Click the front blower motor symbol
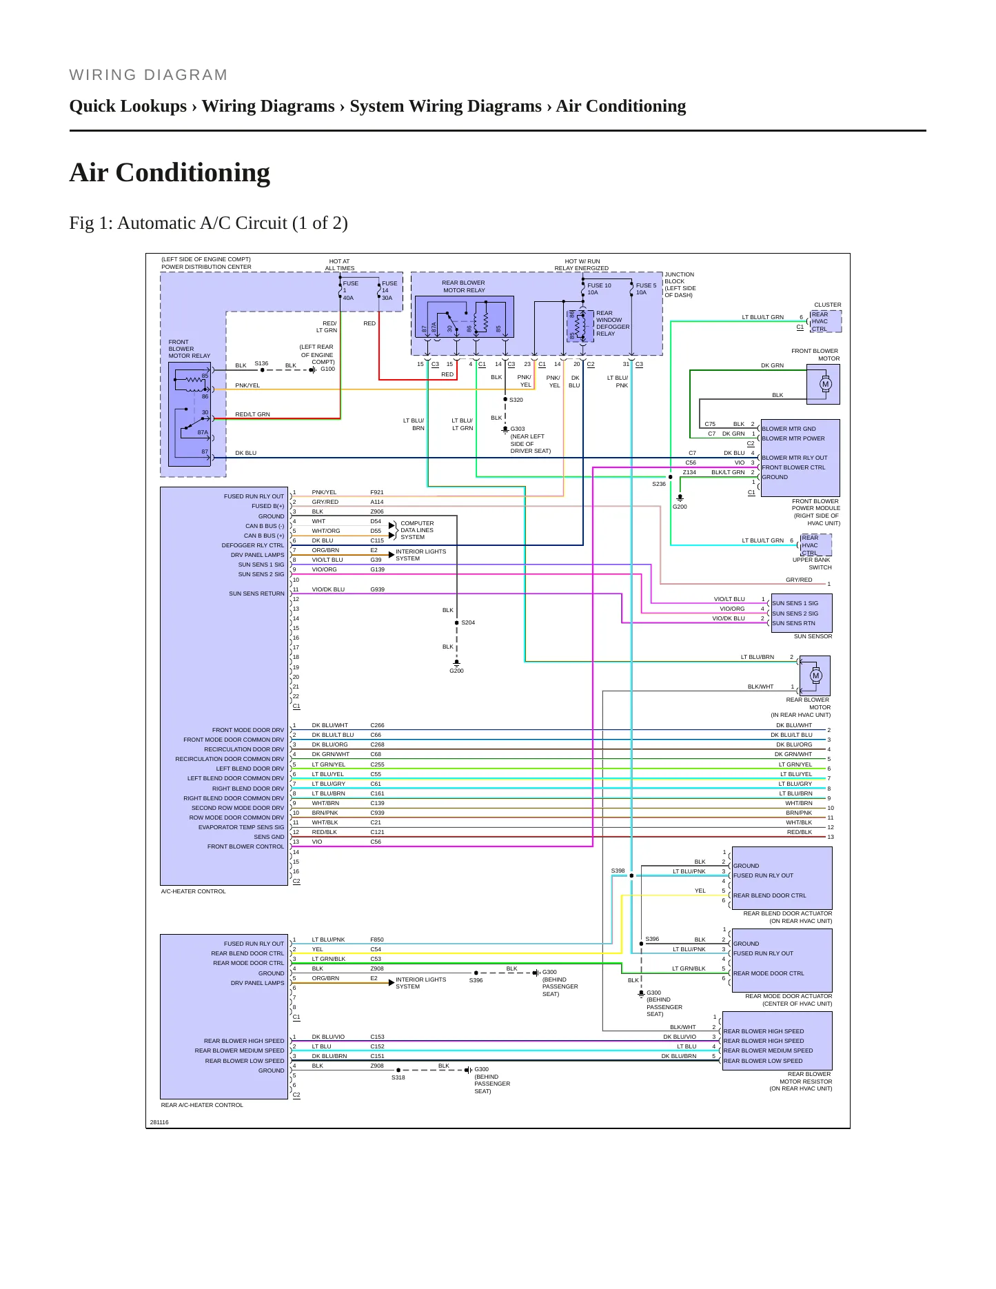coord(825,384)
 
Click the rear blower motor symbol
coord(816,676)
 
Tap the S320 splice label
coord(516,400)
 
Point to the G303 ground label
coord(518,429)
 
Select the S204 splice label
coord(468,622)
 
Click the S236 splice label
coord(659,484)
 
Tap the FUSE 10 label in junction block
coord(599,285)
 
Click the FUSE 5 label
coord(646,285)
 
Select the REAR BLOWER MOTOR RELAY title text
coord(463,286)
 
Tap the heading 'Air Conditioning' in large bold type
coord(170,172)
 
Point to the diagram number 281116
coord(159,1122)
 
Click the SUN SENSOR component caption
coord(813,636)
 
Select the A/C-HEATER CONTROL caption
coord(193,891)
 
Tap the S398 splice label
coord(618,871)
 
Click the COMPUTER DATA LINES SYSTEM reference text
coord(417,530)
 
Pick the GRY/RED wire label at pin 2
coord(325,502)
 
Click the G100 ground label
coord(327,369)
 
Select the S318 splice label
coord(398,1077)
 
